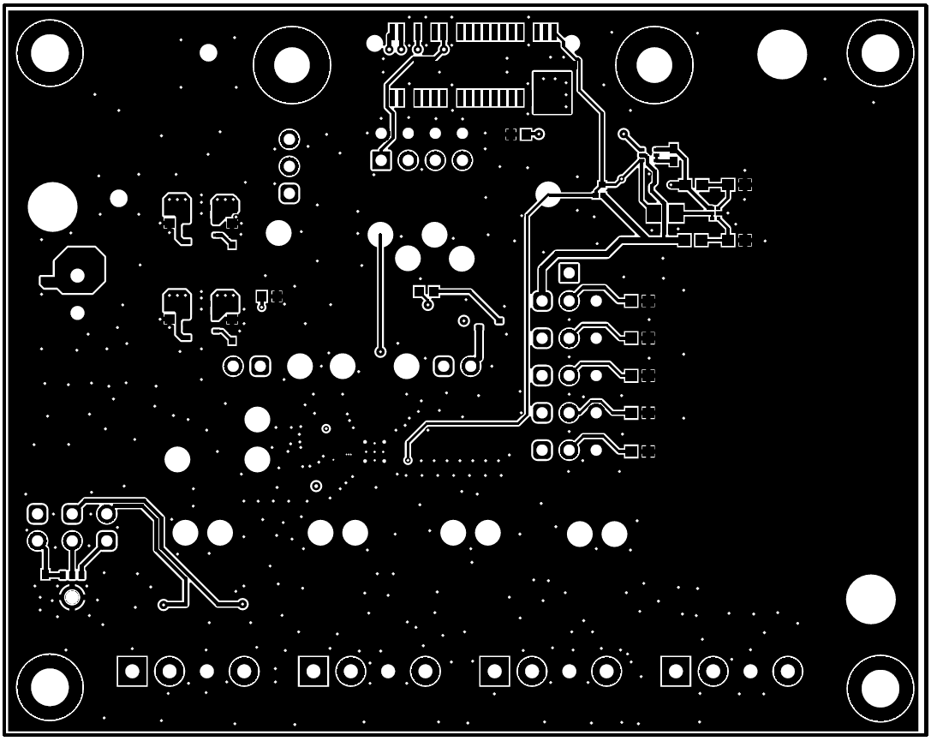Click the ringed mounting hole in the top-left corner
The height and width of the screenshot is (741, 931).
[50, 53]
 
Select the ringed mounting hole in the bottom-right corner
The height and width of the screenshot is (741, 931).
[880, 688]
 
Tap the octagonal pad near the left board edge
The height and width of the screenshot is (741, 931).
[78, 272]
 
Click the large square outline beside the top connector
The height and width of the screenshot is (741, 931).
[552, 93]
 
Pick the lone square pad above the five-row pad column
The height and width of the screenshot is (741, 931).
[569, 273]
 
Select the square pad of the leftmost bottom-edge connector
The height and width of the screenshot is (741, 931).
[132, 671]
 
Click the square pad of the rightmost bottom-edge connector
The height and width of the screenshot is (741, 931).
[676, 671]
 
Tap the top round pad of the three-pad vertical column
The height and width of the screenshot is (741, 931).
[289, 139]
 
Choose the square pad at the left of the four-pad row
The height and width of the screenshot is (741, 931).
[381, 160]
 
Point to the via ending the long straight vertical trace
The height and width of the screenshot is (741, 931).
[380, 351]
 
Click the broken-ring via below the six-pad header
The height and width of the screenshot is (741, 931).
[73, 596]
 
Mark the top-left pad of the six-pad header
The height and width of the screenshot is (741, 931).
[37, 514]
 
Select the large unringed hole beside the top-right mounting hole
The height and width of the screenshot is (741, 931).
[781, 54]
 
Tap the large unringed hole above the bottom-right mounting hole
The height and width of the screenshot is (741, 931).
[870, 599]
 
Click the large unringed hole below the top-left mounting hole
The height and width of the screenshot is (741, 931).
[52, 206]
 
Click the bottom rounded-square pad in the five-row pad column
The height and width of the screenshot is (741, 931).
[541, 450]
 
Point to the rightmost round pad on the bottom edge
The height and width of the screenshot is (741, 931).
[787, 671]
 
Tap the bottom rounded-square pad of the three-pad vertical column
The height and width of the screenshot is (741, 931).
[289, 194]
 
